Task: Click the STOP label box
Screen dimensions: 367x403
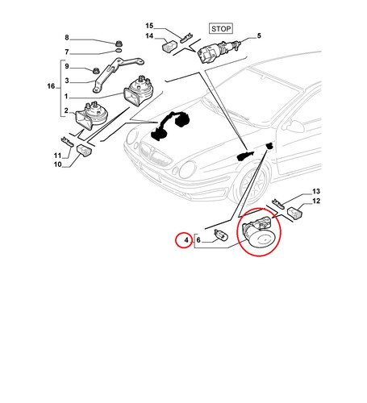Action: pyautogui.click(x=221, y=29)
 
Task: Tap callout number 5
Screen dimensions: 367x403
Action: pyautogui.click(x=259, y=35)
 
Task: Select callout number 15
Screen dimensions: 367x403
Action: pyautogui.click(x=149, y=26)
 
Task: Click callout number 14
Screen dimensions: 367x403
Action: pyautogui.click(x=149, y=36)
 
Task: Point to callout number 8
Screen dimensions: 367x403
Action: pyautogui.click(x=67, y=38)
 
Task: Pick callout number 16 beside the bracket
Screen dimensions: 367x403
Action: pyautogui.click(x=51, y=86)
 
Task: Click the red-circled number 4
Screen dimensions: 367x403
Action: pyautogui.click(x=186, y=239)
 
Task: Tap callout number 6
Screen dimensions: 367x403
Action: pyautogui.click(x=198, y=239)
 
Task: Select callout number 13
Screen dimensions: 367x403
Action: pyautogui.click(x=316, y=191)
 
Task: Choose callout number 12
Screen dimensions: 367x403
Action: pyautogui.click(x=316, y=201)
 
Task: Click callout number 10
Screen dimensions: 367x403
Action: pyautogui.click(x=58, y=164)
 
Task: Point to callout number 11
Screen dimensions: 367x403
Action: pyautogui.click(x=58, y=156)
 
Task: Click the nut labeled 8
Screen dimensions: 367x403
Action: pyautogui.click(x=118, y=43)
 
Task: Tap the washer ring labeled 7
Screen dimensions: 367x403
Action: pyautogui.click(x=119, y=51)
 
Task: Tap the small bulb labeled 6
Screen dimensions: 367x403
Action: pyautogui.click(x=221, y=235)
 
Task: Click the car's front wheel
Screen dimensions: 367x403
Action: pyautogui.click(x=253, y=185)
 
